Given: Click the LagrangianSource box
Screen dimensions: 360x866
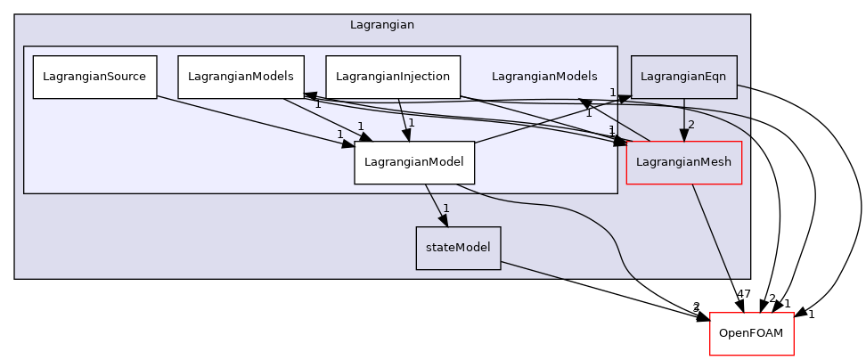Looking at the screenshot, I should (x=94, y=77).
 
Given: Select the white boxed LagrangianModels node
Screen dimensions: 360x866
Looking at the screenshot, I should (x=241, y=77).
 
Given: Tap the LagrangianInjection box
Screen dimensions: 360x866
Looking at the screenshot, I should (x=393, y=77).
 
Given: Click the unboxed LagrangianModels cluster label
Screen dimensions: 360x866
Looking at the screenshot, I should (x=544, y=77).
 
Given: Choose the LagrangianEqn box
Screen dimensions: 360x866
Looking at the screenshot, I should (x=683, y=77).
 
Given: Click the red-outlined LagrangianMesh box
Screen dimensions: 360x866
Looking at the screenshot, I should (x=684, y=162).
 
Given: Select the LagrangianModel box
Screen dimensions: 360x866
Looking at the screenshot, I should (x=414, y=162).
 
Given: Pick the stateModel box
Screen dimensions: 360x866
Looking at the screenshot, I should (x=458, y=248).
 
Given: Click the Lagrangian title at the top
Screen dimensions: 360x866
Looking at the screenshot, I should (x=381, y=25).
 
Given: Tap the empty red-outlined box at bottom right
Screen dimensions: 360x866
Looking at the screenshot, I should (x=751, y=334).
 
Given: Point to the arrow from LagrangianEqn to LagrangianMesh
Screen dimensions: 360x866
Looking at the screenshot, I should (x=683, y=116).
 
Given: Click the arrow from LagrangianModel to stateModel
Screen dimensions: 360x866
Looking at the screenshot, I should (x=435, y=204).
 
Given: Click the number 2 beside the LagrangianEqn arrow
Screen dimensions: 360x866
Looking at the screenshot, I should (x=691, y=125).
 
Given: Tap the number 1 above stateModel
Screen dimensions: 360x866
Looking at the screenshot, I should (x=446, y=209).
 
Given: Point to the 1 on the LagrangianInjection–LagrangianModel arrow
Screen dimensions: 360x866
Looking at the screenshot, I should (x=412, y=123).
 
